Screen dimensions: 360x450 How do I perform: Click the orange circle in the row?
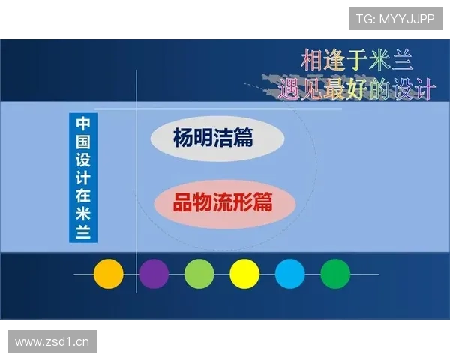click(108, 274)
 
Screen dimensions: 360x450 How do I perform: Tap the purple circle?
click(154, 274)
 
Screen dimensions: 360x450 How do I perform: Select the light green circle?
click(199, 274)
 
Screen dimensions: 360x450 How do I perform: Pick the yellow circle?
click(244, 274)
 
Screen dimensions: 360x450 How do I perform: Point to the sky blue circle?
click(290, 274)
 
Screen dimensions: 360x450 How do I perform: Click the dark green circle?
click(335, 274)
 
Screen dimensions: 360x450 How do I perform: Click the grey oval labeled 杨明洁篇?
click(217, 139)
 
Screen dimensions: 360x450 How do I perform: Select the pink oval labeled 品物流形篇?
click(222, 202)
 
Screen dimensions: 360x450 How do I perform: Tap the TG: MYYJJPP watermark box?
click(395, 19)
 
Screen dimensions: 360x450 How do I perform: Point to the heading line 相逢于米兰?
click(357, 59)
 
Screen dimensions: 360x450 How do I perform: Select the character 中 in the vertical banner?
click(83, 123)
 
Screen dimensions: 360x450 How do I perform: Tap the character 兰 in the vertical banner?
click(83, 232)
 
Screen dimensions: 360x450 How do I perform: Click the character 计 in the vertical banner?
click(83, 177)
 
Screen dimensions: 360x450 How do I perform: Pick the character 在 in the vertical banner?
click(83, 195)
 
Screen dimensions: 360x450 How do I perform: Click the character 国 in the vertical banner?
click(83, 141)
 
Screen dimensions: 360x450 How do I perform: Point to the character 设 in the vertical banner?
click(83, 159)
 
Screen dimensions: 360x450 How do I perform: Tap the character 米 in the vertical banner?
click(83, 214)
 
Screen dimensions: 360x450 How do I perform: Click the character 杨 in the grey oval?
click(184, 139)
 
